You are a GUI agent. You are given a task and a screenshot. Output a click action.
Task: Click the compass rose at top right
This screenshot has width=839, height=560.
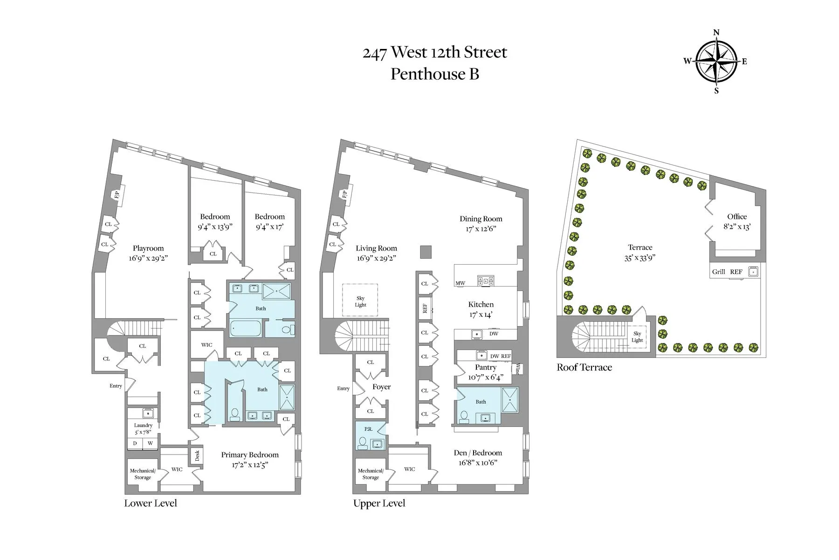(716, 61)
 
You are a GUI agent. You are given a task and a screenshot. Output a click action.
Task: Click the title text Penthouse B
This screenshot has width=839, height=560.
(434, 74)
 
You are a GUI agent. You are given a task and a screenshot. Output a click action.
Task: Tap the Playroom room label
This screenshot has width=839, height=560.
(148, 248)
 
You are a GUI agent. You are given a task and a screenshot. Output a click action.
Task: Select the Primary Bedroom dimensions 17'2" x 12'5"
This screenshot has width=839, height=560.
(250, 465)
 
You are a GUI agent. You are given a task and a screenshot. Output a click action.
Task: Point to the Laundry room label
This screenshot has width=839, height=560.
(143, 425)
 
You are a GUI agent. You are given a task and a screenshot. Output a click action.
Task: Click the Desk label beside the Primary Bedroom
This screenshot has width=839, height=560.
(197, 455)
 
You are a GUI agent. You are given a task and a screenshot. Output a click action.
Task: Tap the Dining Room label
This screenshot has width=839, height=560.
(481, 219)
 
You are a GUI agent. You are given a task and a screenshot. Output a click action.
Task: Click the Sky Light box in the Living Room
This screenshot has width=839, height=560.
(360, 301)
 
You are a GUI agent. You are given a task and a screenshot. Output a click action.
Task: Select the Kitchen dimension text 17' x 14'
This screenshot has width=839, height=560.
(481, 315)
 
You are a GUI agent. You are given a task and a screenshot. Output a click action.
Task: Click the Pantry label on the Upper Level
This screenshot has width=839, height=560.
(485, 368)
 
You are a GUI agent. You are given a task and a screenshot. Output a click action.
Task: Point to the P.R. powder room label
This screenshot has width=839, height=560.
(368, 429)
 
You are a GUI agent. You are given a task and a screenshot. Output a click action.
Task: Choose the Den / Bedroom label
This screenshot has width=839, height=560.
(478, 453)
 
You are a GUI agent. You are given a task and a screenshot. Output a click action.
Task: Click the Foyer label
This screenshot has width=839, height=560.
(381, 387)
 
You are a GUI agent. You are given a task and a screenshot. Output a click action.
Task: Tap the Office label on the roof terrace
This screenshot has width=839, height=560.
(736, 217)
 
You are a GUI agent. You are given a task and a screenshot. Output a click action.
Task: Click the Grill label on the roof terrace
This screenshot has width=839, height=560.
(718, 272)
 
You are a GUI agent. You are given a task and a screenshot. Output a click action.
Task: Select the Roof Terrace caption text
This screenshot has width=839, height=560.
(584, 367)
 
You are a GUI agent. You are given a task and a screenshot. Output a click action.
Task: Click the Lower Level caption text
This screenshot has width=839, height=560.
(151, 503)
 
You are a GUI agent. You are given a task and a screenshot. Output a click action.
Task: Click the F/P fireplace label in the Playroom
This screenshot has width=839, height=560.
(117, 194)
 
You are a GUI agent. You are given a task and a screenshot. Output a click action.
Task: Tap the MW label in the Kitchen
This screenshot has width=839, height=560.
(460, 283)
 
